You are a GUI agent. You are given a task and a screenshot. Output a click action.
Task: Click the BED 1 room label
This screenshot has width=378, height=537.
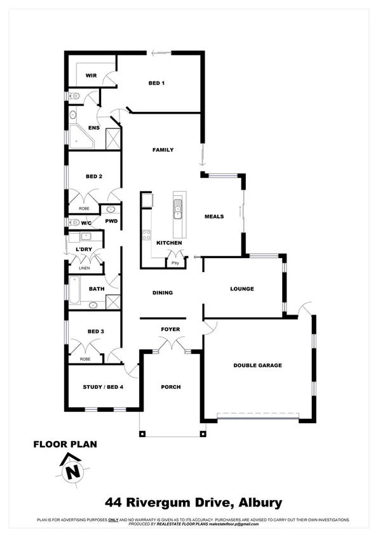pos(156,83)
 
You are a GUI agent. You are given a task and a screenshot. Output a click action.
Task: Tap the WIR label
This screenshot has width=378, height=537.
pos(91,76)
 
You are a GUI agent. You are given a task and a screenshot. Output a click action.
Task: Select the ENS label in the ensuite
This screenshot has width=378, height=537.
pos(93,127)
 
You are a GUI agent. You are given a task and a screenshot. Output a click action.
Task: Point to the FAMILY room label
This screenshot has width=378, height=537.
pos(163,150)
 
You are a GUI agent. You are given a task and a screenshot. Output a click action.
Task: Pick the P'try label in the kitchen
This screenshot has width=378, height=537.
pos(174,262)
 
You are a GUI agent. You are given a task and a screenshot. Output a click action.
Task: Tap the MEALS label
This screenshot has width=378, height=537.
pos(214,217)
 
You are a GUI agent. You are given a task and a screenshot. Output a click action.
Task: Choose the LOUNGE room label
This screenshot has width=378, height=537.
pos(241,289)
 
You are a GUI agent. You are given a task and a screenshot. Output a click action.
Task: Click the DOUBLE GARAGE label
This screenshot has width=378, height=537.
pos(257,365)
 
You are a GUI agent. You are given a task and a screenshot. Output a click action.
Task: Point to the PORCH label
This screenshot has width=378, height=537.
pos(170,386)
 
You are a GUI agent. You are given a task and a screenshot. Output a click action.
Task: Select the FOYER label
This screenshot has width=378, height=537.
pos(170,329)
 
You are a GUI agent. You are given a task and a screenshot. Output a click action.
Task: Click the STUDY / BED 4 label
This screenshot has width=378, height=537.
pos(103,387)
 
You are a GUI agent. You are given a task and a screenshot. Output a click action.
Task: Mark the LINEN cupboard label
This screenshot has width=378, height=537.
pos(84,269)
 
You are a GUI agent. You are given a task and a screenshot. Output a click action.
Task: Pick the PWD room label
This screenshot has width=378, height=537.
pos(112,221)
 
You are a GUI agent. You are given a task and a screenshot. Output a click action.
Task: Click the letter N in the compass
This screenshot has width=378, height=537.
pos(74,472)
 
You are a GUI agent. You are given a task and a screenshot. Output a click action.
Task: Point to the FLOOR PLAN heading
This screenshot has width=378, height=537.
pos(65,444)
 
